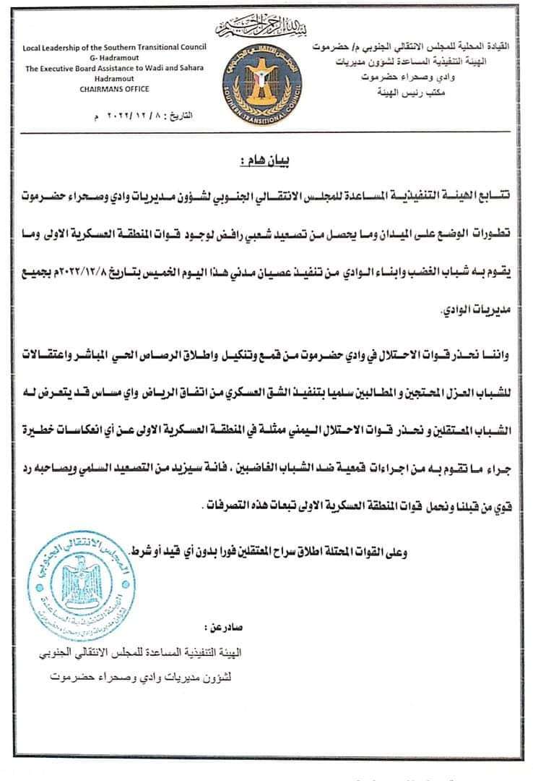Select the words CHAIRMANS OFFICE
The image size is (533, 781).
113,89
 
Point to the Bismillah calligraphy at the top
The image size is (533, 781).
266,28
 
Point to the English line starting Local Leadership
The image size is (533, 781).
114,47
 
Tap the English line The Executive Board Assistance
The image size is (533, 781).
114,68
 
